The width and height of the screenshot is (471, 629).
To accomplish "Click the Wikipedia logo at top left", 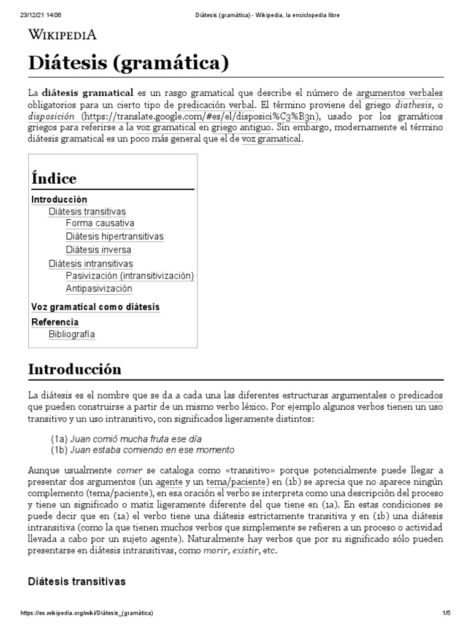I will (x=63, y=34).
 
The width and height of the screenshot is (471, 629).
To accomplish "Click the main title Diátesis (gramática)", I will (x=129, y=63).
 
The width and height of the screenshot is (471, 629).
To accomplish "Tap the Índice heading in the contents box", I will (x=54, y=179).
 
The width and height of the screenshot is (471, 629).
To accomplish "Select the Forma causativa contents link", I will (x=100, y=223).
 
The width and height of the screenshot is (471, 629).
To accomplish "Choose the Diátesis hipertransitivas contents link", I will (x=115, y=236).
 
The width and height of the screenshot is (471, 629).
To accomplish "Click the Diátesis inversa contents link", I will (x=98, y=250).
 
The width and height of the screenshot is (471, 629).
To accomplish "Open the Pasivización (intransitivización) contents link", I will (x=129, y=276).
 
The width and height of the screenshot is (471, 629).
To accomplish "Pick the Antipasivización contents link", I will (x=99, y=289).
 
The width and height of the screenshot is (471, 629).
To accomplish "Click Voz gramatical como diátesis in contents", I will (x=95, y=307).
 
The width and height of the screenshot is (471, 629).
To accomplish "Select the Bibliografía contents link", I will (x=72, y=335).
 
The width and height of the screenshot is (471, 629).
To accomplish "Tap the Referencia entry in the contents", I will (x=55, y=322).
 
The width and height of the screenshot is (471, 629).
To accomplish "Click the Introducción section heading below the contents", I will (x=75, y=369).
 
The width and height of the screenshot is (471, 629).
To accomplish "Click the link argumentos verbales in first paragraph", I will (x=399, y=93).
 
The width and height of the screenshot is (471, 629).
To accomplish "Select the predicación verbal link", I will (x=215, y=105).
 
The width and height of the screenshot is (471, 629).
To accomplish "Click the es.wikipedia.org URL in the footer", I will (x=86, y=613).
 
